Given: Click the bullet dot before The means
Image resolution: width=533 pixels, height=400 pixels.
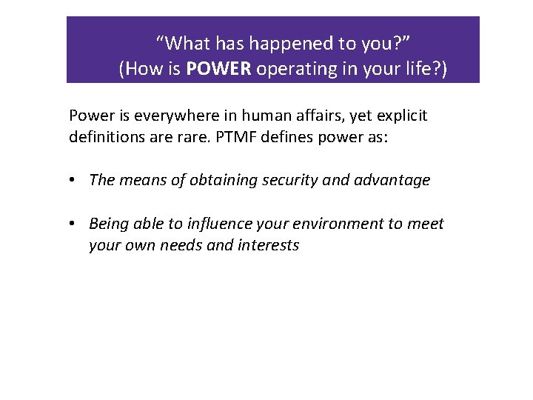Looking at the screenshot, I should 76,180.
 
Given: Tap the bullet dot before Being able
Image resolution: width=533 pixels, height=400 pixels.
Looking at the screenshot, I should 76,224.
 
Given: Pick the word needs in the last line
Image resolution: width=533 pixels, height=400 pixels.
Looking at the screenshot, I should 179,245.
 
